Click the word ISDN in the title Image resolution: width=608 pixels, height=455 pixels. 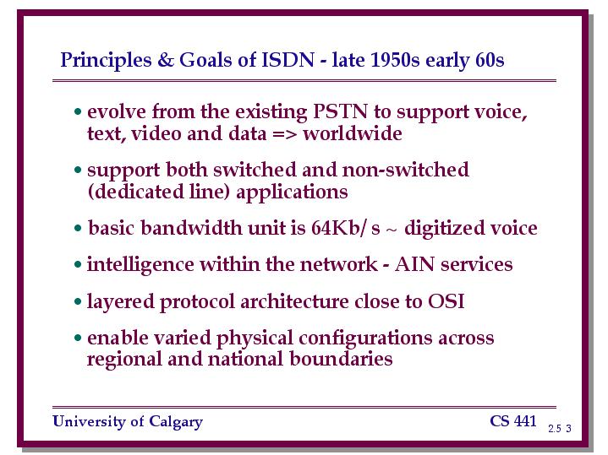click(288, 60)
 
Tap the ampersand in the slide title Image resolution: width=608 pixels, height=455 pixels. click(165, 60)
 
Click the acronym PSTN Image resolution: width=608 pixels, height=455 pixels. click(340, 111)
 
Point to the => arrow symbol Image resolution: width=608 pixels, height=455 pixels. click(284, 134)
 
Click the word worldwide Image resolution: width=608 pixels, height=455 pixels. click(353, 133)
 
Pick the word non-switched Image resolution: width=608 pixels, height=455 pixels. click(405, 169)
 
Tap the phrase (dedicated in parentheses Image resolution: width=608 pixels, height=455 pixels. click(135, 192)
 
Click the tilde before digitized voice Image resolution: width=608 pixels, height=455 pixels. click(392, 230)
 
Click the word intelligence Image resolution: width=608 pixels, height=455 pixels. click(140, 265)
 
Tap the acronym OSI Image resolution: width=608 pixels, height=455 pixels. click(446, 301)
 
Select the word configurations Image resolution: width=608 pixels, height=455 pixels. click(365, 338)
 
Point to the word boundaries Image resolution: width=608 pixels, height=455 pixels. click(341, 358)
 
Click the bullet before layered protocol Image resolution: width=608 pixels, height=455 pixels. click(78, 301)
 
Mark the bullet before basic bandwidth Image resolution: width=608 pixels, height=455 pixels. click(78, 228)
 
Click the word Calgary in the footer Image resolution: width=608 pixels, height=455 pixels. click(176, 422)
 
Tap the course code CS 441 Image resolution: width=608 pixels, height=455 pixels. click(513, 421)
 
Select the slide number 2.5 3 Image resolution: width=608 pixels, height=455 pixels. click(560, 428)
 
